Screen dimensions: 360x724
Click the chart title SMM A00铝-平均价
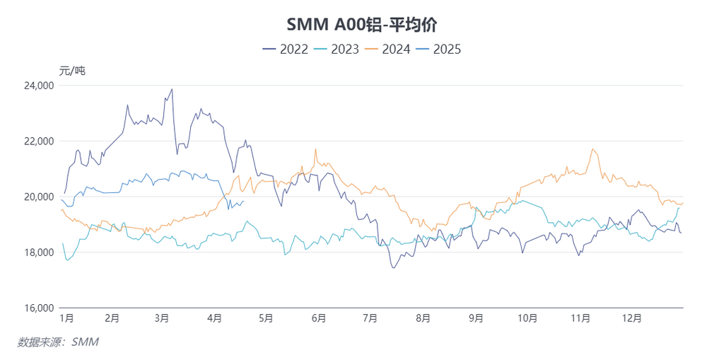361,25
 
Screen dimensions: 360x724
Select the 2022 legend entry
286,49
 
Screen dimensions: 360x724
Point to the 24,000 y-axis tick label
40,86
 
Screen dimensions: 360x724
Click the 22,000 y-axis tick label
40,141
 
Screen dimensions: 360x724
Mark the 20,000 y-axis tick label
40,197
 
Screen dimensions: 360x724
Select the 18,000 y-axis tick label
40,252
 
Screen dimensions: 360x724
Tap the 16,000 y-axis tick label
40,308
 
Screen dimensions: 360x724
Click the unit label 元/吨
72,70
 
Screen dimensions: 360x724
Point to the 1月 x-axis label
66,319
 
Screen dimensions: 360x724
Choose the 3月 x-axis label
161,319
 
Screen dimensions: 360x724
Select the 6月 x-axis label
318,319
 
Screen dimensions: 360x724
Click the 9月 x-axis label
476,319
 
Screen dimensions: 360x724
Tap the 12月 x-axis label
633,319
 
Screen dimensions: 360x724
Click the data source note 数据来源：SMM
58,342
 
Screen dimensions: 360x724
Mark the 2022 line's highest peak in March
172,89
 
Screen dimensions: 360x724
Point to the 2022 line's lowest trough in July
393,267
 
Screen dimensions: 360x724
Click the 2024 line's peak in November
592,149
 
